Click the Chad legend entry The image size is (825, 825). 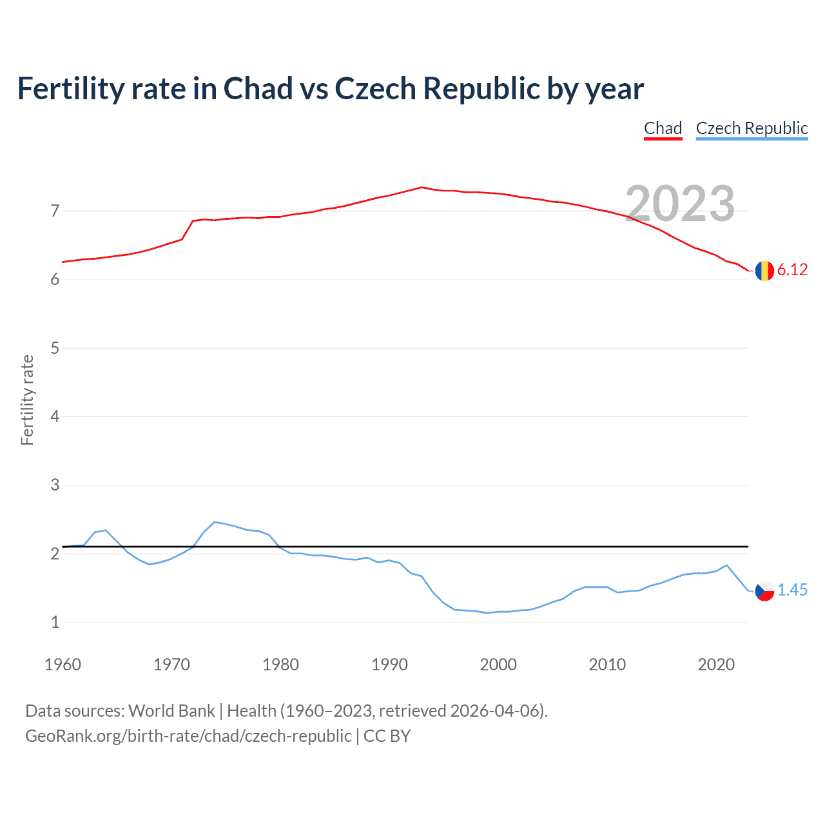[663, 128]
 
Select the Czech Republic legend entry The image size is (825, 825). [752, 128]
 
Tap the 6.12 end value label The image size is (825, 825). [792, 270]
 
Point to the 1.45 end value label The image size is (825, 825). [792, 590]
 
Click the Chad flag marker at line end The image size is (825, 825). [764, 271]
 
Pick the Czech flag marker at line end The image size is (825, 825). [764, 590]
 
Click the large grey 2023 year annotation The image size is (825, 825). [680, 204]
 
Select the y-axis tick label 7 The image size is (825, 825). [55, 211]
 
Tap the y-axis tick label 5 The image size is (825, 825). [55, 348]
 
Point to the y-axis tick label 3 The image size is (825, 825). [55, 485]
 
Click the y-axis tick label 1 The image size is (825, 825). [55, 623]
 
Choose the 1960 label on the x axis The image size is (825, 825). [63, 665]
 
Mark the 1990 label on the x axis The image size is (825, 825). [389, 665]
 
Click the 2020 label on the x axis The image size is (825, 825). [716, 665]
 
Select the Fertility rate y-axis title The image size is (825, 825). [27, 400]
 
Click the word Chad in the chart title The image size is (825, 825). [258, 88]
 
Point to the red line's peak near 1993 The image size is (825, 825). [422, 187]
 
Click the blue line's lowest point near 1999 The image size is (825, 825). [487, 613]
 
